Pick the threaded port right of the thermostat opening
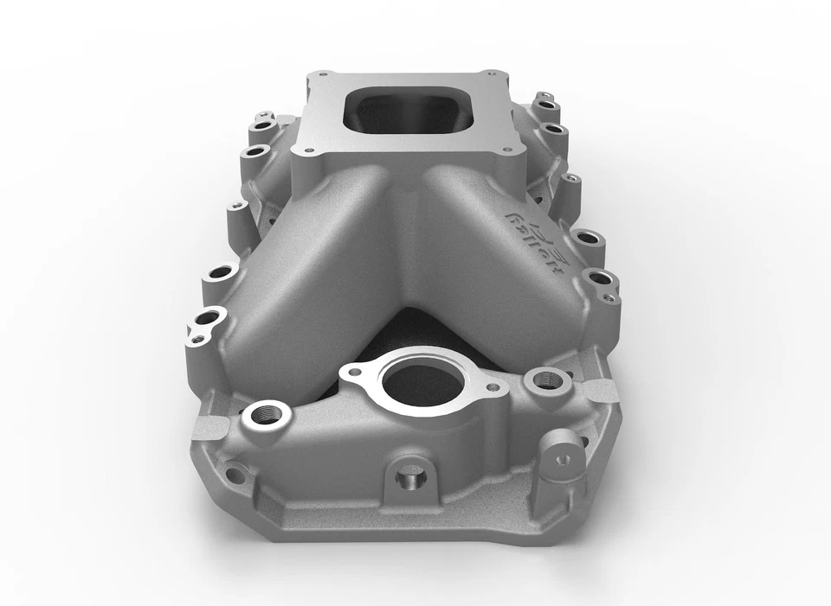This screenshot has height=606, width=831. click(546, 378)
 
